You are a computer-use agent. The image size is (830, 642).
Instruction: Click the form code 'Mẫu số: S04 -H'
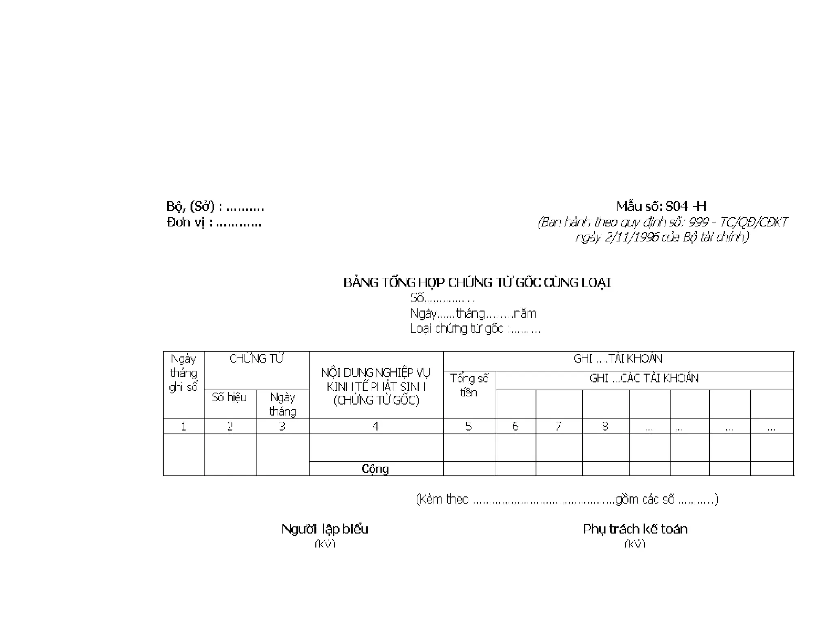pyautogui.click(x=661, y=206)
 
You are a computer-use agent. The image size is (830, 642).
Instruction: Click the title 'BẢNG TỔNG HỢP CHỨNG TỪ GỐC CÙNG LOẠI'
pyautogui.click(x=477, y=282)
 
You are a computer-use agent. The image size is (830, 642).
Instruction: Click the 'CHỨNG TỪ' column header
pyautogui.click(x=256, y=359)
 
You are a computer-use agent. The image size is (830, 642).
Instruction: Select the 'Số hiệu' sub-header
pyautogui.click(x=229, y=397)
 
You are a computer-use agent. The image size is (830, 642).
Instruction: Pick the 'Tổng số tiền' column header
pyautogui.click(x=469, y=385)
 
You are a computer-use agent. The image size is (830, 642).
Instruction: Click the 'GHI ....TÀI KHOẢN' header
pyautogui.click(x=618, y=359)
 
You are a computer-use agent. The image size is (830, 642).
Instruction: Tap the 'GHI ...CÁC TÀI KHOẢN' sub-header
pyautogui.click(x=644, y=378)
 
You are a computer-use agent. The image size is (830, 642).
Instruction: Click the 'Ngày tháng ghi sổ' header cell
pyautogui.click(x=183, y=373)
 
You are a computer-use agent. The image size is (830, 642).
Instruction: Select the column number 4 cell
pyautogui.click(x=376, y=426)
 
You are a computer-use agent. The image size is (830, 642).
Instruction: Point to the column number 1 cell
pyautogui.click(x=183, y=426)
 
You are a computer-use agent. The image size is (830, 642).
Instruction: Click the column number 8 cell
pyautogui.click(x=605, y=426)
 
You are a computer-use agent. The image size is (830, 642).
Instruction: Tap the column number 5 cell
pyautogui.click(x=469, y=426)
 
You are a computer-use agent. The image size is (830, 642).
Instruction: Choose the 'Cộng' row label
pyautogui.click(x=375, y=469)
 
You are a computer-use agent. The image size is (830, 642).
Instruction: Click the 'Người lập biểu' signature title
pyautogui.click(x=325, y=529)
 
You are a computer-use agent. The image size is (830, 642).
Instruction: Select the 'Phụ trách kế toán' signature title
pyautogui.click(x=635, y=529)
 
